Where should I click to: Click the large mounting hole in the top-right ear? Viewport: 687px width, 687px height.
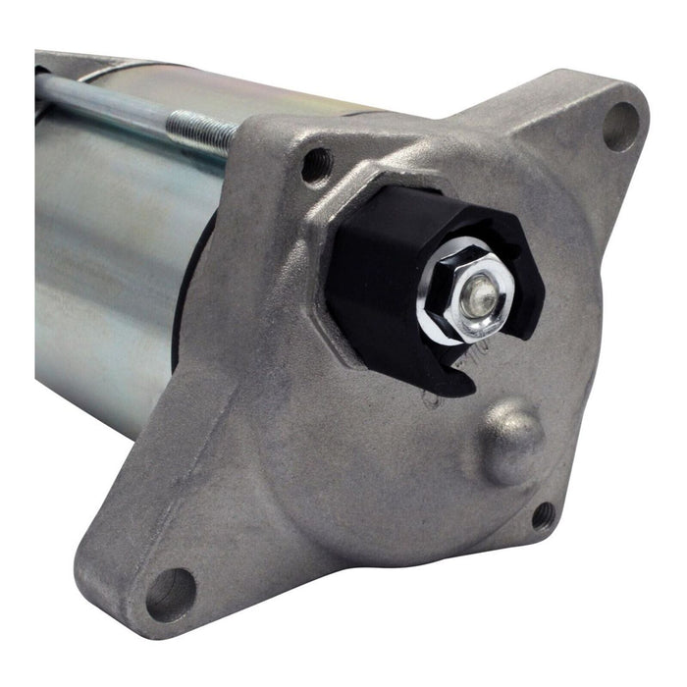pyautogui.click(x=620, y=127)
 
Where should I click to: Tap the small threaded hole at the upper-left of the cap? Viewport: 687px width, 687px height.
pyautogui.click(x=316, y=165)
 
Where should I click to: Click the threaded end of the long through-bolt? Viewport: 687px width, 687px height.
pyautogui.click(x=201, y=129)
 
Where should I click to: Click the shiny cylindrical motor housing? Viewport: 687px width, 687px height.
pyautogui.click(x=108, y=275)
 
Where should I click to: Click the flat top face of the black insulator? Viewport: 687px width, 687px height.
pyautogui.click(x=412, y=211)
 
